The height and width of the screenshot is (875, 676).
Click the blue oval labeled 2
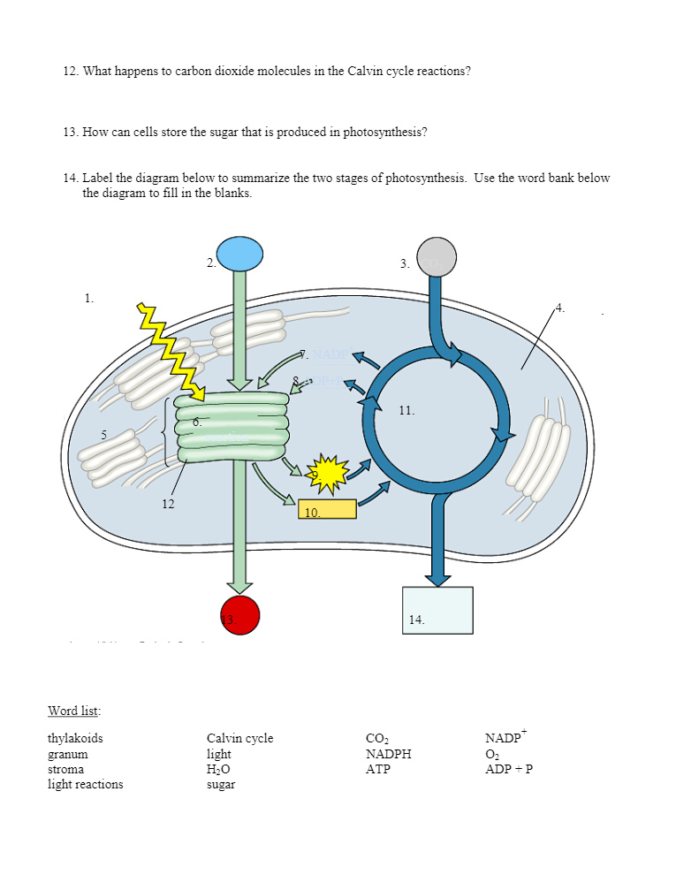click(x=239, y=254)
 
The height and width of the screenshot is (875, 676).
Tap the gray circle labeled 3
click(x=437, y=257)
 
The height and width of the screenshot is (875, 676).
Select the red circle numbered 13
click(x=239, y=615)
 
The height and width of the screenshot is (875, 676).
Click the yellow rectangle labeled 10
click(x=327, y=509)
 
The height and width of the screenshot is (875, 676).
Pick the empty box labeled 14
click(x=437, y=610)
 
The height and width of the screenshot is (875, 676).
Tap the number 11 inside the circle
click(x=406, y=410)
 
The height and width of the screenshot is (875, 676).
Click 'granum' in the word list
click(x=67, y=754)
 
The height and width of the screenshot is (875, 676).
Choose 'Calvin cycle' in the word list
click(x=239, y=738)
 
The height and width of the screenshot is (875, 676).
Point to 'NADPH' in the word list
click(x=388, y=754)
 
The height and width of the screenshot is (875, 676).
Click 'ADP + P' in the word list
click(x=509, y=769)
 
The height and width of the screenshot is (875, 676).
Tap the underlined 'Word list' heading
click(x=73, y=711)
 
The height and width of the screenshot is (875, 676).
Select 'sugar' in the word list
click(x=221, y=784)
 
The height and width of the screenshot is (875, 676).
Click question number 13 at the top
click(x=71, y=132)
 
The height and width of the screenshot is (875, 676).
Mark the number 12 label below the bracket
click(x=168, y=504)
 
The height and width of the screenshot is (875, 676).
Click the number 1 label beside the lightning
click(x=88, y=298)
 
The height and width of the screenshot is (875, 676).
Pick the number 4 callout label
click(x=560, y=308)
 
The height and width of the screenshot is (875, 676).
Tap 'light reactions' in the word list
click(x=85, y=784)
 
